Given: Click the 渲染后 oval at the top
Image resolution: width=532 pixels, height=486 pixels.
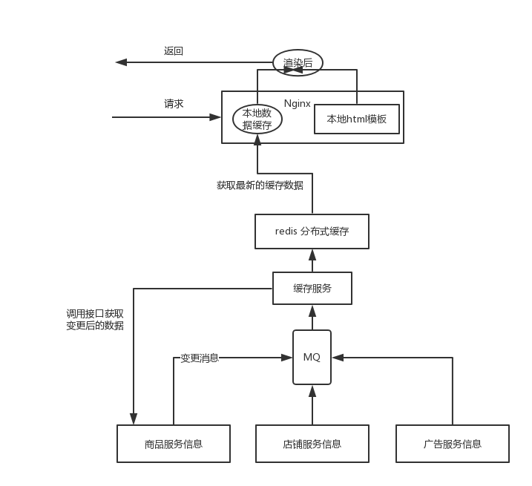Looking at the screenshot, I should pyautogui.click(x=298, y=63).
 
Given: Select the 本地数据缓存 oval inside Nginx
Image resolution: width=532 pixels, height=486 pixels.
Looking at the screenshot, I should pyautogui.click(x=257, y=119).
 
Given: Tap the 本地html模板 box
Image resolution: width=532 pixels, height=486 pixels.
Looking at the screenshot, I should pyautogui.click(x=357, y=119).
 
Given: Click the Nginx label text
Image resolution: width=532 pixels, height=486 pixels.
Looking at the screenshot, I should pyautogui.click(x=297, y=103).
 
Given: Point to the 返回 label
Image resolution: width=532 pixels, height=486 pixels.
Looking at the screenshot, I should pyautogui.click(x=174, y=51).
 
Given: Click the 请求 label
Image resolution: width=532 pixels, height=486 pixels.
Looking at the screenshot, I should pyautogui.click(x=174, y=104).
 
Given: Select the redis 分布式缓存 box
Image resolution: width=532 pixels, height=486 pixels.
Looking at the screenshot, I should pyautogui.click(x=312, y=231).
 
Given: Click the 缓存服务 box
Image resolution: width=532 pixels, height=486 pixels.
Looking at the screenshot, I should pyautogui.click(x=312, y=289).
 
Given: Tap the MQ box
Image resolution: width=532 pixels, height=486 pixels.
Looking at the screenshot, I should pyautogui.click(x=312, y=357).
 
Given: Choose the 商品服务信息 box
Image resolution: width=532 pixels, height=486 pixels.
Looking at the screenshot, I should pyautogui.click(x=174, y=444).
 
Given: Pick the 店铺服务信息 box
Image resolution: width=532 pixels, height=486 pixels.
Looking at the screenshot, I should pyautogui.click(x=312, y=444).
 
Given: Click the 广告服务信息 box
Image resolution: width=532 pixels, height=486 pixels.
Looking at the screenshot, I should pyautogui.click(x=452, y=444).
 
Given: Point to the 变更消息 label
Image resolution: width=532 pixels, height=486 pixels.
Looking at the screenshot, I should pyautogui.click(x=200, y=358).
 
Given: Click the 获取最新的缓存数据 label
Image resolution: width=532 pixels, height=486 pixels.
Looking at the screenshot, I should pyautogui.click(x=260, y=185).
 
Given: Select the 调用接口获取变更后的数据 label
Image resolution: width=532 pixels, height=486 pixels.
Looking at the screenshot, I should pyautogui.click(x=95, y=320).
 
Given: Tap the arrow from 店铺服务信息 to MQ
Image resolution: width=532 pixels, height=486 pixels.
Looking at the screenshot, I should pyautogui.click(x=312, y=404).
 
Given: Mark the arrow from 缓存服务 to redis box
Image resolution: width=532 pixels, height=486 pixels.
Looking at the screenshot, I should pyautogui.click(x=312, y=260).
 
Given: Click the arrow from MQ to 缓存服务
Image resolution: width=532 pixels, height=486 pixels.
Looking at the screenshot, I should pyautogui.click(x=312, y=318).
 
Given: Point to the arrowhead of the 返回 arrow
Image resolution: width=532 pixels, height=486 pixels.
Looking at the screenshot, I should pyautogui.click(x=119, y=62).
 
